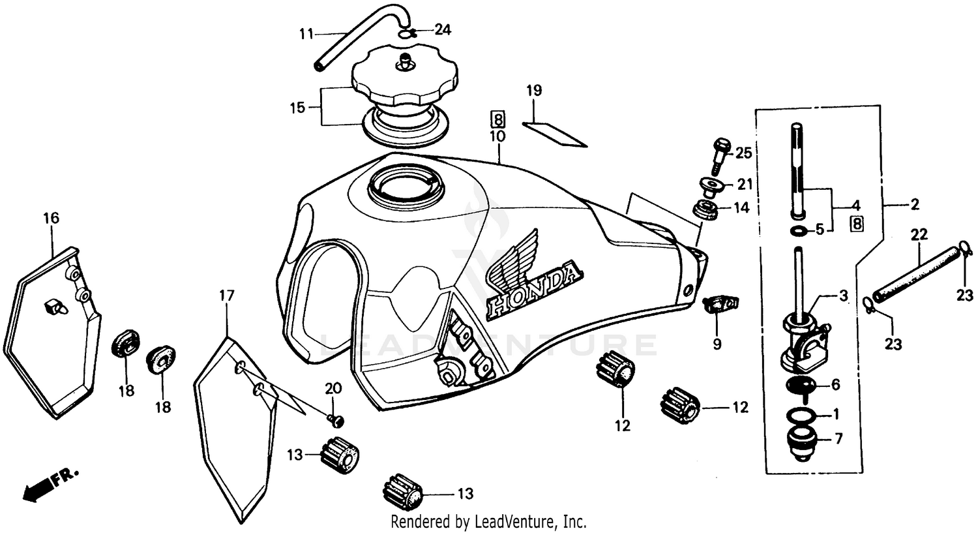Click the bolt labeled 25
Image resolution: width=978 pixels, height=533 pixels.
[720, 154]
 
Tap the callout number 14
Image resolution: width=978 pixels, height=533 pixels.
[742, 208]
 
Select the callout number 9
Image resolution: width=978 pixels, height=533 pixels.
[717, 343]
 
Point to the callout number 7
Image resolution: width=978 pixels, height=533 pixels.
[838, 439]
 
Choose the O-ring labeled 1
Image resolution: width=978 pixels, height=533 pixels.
[800, 415]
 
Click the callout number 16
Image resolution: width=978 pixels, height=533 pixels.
[51, 217]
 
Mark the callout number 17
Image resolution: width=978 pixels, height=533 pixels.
[226, 296]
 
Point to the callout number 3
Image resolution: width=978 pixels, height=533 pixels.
[843, 296]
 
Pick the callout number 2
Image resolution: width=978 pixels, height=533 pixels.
[914, 205]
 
